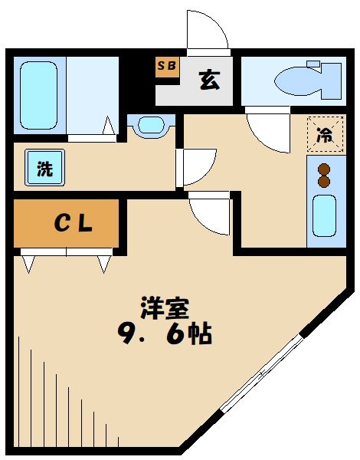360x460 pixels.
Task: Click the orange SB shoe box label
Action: (166, 66)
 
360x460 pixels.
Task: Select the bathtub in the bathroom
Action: (39, 94)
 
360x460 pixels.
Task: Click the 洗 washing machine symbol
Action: (45, 169)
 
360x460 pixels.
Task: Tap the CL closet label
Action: (72, 222)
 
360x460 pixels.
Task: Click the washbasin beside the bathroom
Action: (152, 124)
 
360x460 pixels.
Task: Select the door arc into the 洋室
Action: (209, 215)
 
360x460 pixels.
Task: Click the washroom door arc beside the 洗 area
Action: (198, 166)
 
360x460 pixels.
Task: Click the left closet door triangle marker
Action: (29, 264)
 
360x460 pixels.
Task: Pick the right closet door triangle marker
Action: (104, 264)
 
